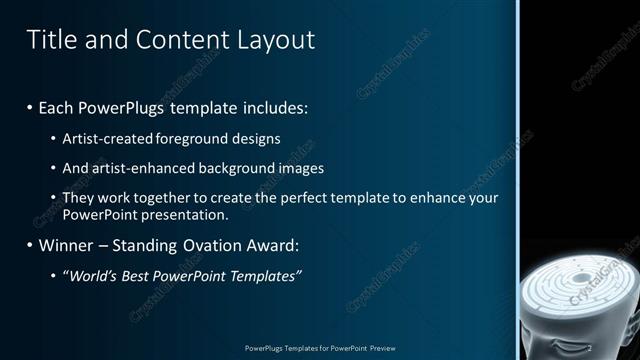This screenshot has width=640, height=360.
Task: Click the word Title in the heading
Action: [x=49, y=40]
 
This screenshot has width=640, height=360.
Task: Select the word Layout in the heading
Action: [x=276, y=40]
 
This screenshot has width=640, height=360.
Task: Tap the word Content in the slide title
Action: [x=177, y=40]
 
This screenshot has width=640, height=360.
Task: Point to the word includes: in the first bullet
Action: [x=276, y=106]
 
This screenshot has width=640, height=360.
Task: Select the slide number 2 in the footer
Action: [x=590, y=349]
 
